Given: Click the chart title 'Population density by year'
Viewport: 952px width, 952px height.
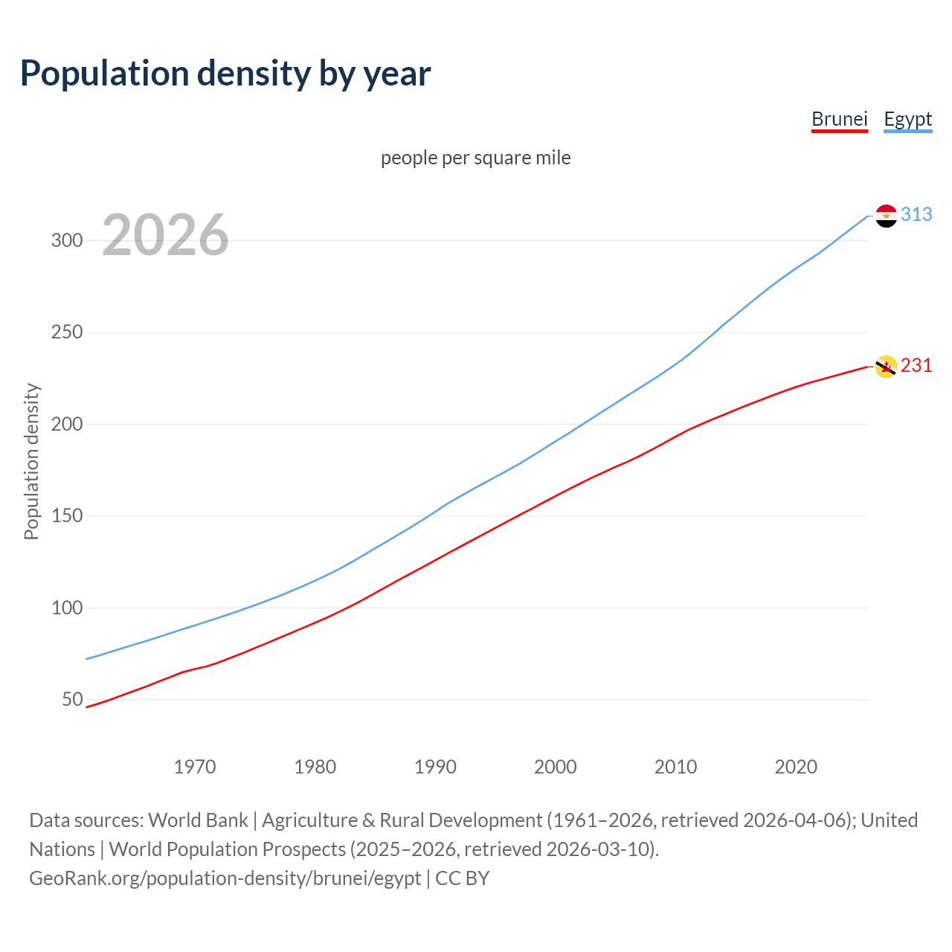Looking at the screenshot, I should point(225,73).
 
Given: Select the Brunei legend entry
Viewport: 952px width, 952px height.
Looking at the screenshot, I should point(839,119).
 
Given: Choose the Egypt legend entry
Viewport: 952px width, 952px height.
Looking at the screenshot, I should point(907,119).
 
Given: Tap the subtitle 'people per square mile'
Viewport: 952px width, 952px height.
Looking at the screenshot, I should point(475,158).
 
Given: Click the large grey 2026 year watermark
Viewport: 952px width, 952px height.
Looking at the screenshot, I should point(165,235).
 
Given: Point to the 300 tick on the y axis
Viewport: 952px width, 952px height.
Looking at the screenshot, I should point(66,240).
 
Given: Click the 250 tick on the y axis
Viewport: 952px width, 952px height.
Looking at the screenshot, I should point(66,332).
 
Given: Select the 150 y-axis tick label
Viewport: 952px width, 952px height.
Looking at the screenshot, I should point(66,516).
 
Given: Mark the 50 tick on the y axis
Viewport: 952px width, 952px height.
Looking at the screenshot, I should point(72,700).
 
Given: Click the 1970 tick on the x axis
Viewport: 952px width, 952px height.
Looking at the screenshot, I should point(195,767).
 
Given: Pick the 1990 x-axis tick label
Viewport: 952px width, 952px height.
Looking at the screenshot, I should point(435,767).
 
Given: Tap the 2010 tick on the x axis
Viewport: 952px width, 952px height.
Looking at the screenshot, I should point(675,767).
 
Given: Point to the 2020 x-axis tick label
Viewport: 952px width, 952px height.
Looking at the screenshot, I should point(796,767).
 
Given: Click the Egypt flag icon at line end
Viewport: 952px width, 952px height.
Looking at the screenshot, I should point(886,216).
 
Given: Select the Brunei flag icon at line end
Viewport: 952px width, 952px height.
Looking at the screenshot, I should point(886,366).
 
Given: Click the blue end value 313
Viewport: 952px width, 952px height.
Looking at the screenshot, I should point(916,215).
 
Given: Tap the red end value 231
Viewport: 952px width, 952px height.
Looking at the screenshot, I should point(916,366).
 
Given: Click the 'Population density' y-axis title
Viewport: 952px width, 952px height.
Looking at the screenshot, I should point(31,461).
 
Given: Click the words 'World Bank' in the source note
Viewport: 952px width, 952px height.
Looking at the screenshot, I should point(198,820).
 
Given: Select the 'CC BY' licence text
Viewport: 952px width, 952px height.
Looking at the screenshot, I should point(462,878).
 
